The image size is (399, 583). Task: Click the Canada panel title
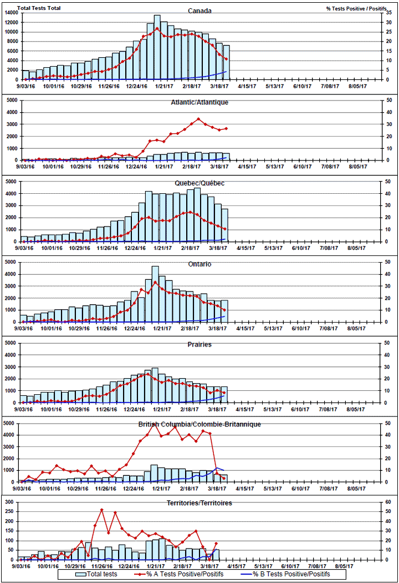(199, 11)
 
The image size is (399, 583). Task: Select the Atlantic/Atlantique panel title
(199, 102)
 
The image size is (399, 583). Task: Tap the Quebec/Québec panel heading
(199, 183)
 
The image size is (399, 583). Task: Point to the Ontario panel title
(199, 264)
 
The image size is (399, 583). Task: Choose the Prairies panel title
(199, 345)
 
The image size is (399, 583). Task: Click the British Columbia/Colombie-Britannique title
(199, 425)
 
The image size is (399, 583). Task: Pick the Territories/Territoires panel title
(199, 503)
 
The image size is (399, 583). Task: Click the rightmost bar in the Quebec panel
(224, 225)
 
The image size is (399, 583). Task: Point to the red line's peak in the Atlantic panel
(198, 119)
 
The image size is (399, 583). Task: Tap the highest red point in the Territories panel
(101, 509)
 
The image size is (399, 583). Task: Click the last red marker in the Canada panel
(226, 59)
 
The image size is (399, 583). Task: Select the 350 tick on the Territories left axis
(10, 502)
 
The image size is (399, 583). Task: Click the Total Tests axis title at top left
(39, 8)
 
